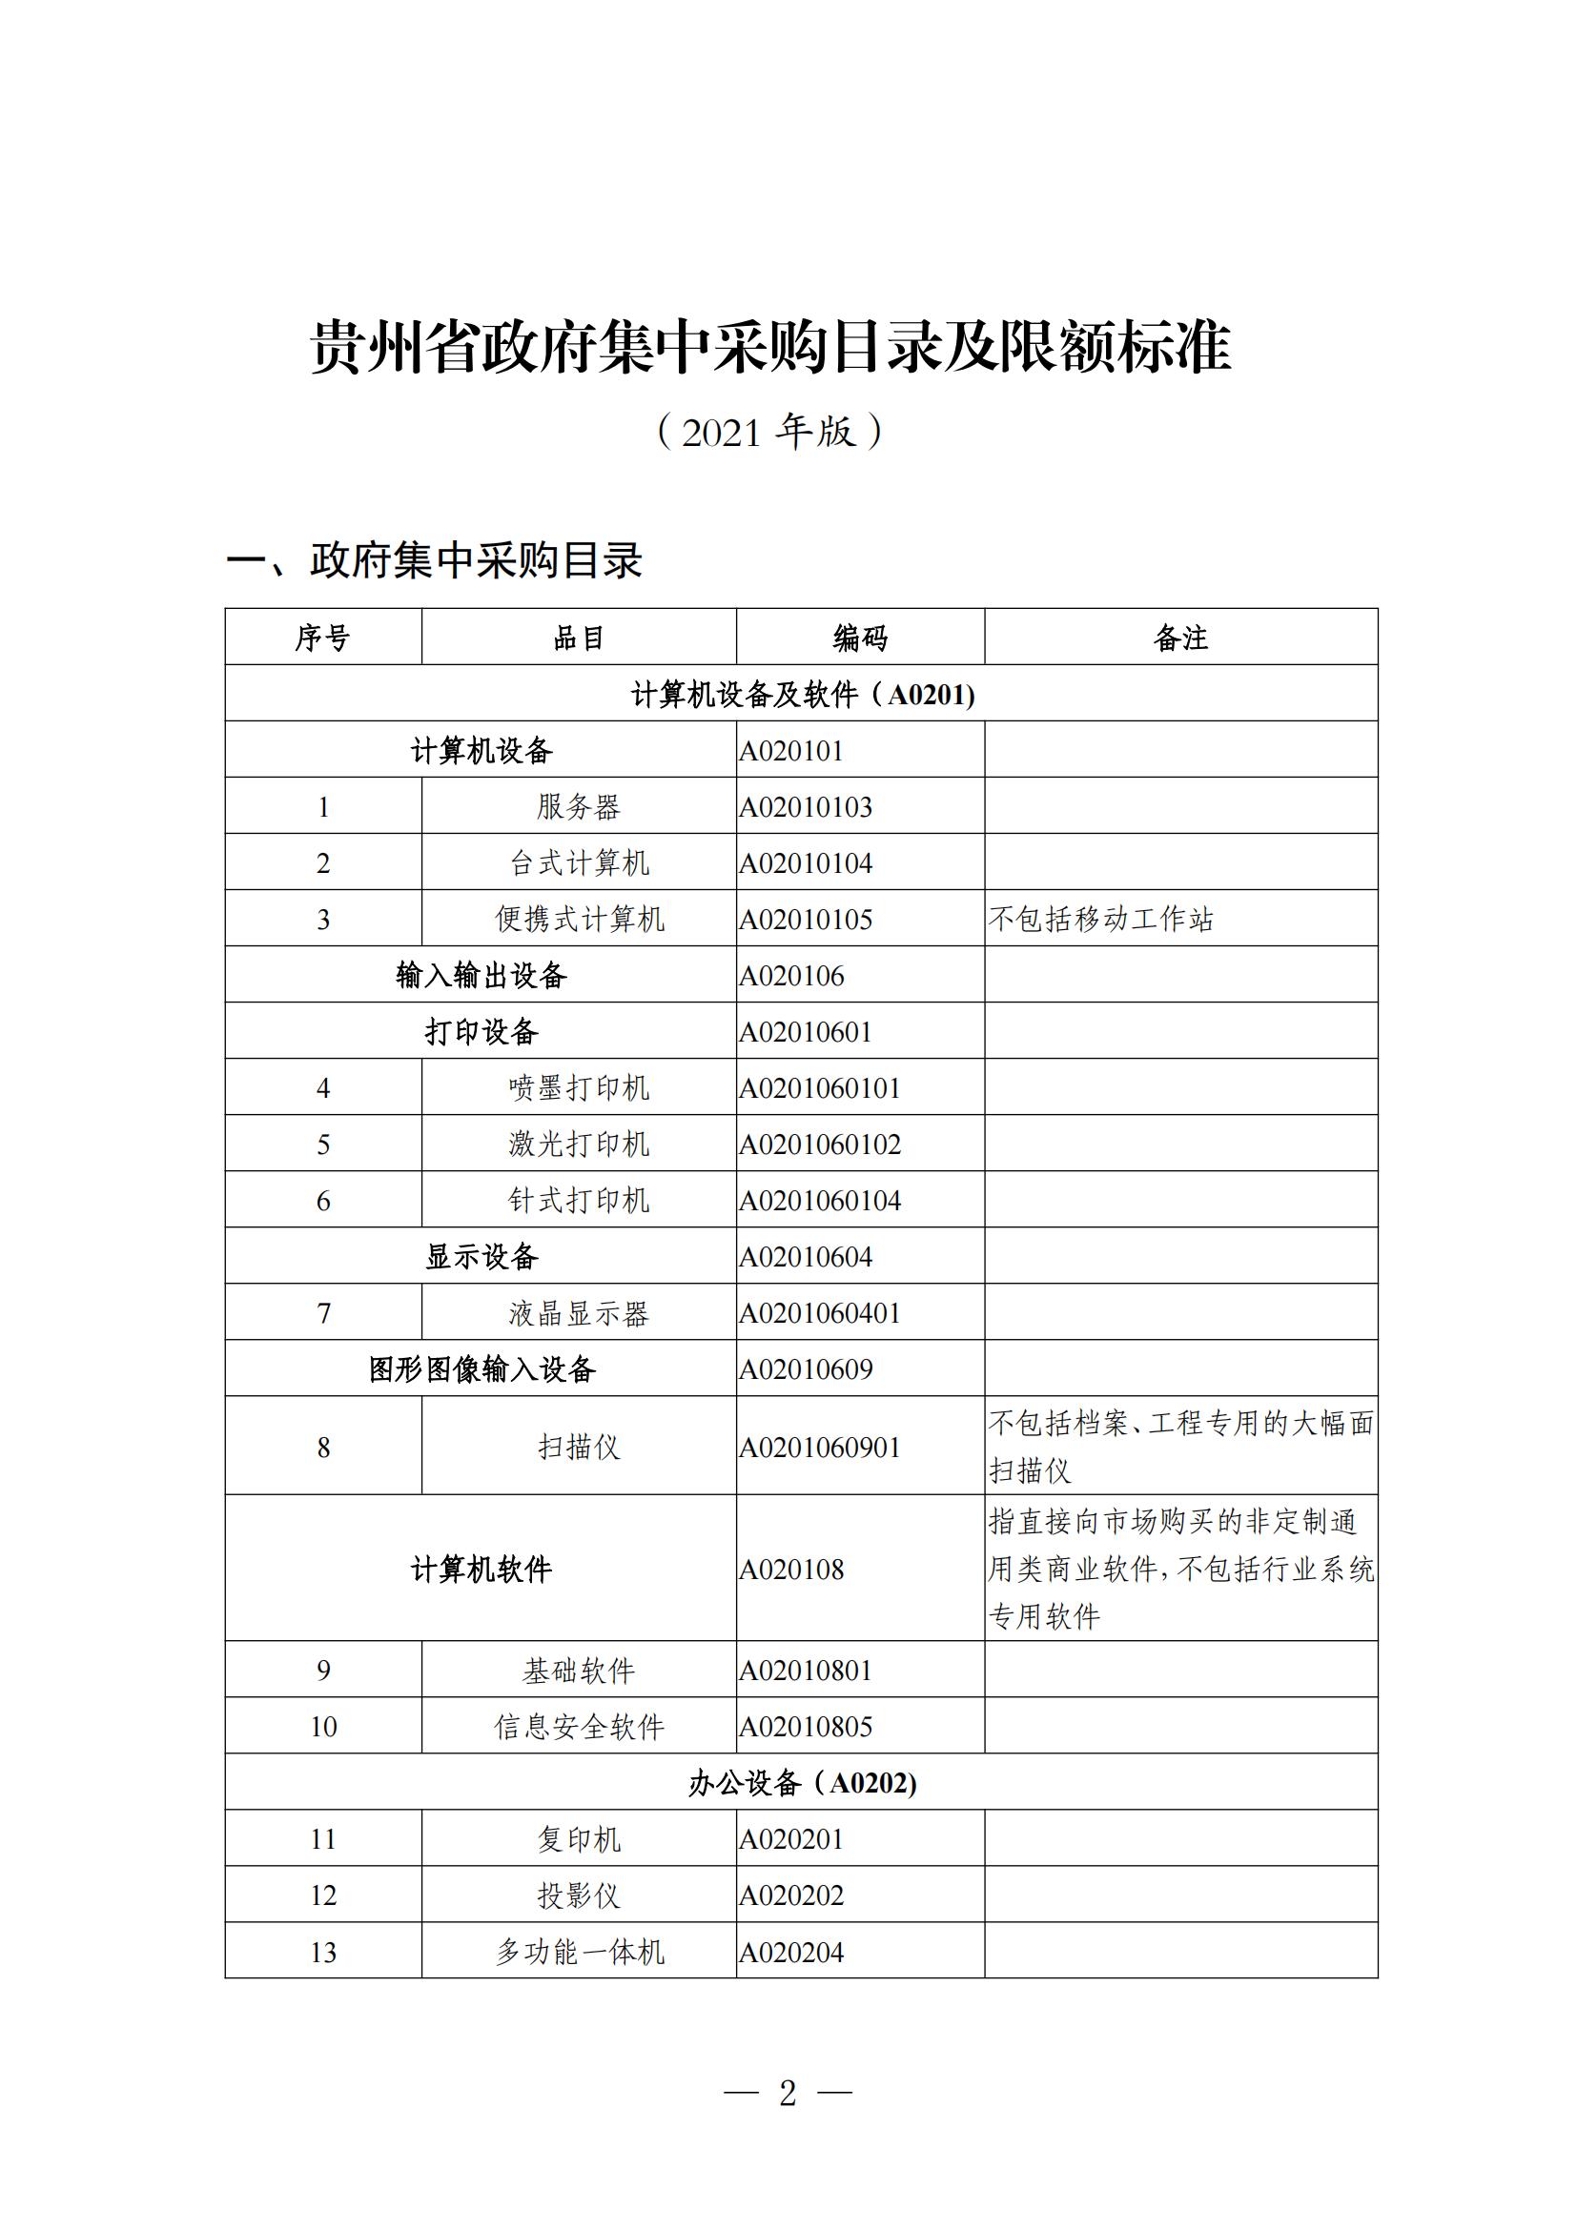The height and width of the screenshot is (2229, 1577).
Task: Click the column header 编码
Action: pyautogui.click(x=859, y=638)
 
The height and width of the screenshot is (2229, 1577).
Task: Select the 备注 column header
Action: pyautogui.click(x=1179, y=638)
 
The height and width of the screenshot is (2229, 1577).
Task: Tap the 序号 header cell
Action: pyautogui.click(x=322, y=638)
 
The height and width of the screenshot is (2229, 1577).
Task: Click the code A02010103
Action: pyautogui.click(x=806, y=807)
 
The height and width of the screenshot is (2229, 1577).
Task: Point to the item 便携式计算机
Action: pyautogui.click(x=580, y=919)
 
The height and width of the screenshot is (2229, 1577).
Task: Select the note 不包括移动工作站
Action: pyautogui.click(x=1101, y=919)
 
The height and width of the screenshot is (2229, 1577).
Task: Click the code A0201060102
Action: pyautogui.click(x=820, y=1145)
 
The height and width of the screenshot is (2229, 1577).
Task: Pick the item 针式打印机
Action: pyautogui.click(x=580, y=1201)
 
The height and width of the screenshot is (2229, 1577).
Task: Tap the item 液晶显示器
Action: pyautogui.click(x=580, y=1313)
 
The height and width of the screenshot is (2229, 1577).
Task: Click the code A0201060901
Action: pyautogui.click(x=820, y=1448)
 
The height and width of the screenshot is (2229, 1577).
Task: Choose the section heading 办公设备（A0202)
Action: pyautogui.click(x=802, y=1782)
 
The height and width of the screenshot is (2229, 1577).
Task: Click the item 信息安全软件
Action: pyautogui.click(x=580, y=1726)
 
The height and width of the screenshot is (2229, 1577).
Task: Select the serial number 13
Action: pyautogui.click(x=322, y=1953)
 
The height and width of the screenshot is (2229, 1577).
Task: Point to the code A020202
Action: pyautogui.click(x=791, y=1895)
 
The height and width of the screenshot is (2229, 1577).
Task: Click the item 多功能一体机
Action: pyautogui.click(x=580, y=1953)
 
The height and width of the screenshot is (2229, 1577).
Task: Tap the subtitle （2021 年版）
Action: pyautogui.click(x=769, y=432)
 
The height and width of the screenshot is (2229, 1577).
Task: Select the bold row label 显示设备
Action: pyautogui.click(x=481, y=1257)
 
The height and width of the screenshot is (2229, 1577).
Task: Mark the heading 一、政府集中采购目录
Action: pyautogui.click(x=434, y=561)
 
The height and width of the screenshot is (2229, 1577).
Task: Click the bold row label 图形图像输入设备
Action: pyautogui.click(x=481, y=1369)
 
